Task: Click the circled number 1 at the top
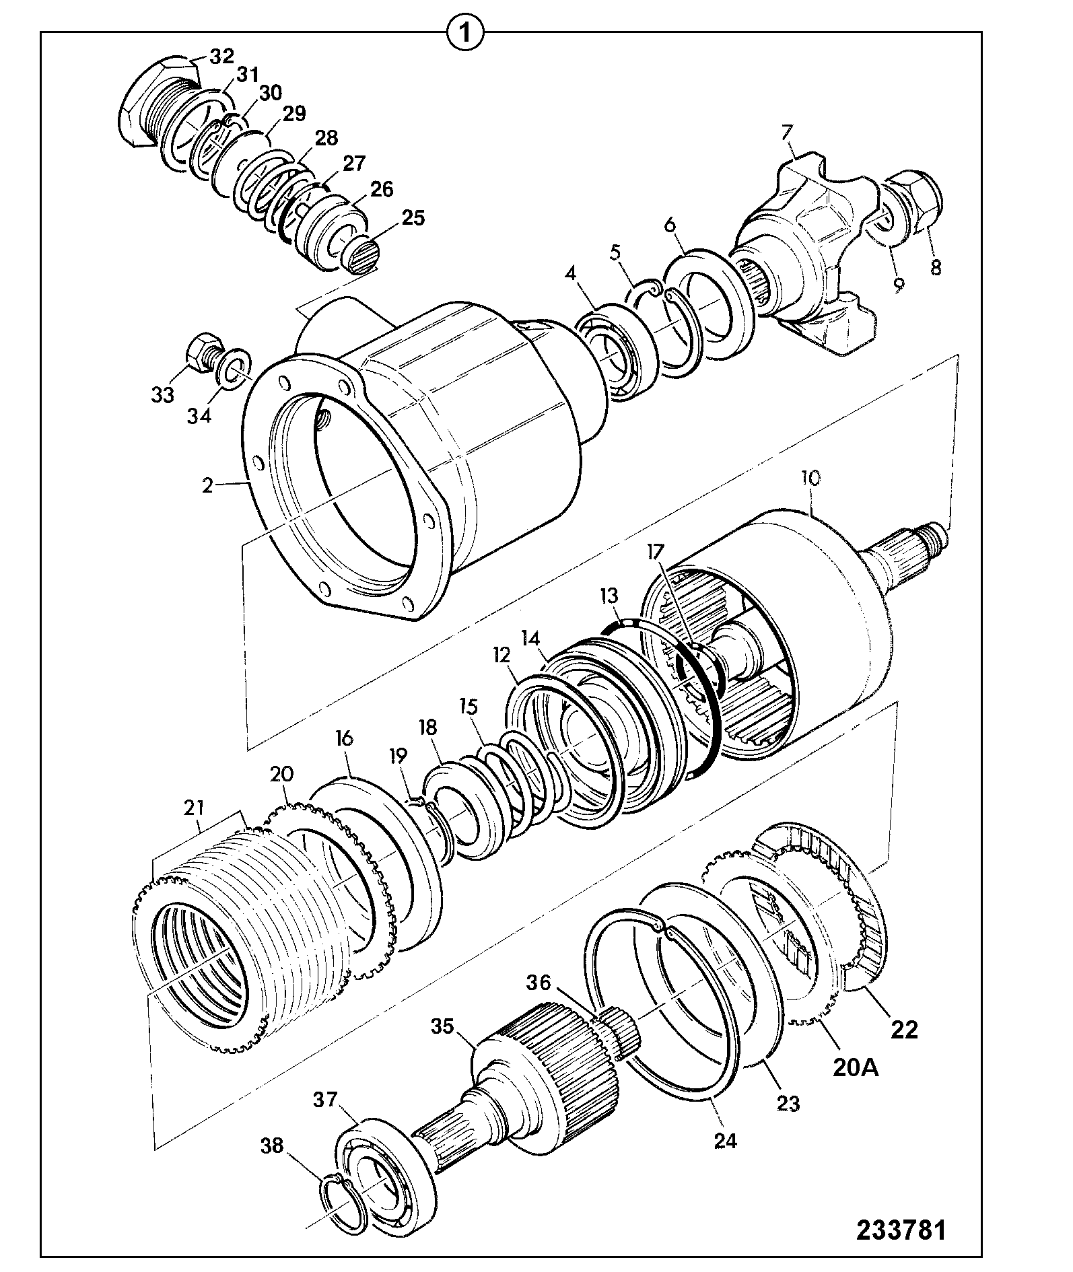465,32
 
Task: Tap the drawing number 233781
901,1230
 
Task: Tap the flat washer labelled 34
236,367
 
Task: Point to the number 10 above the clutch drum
810,479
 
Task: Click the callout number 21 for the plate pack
195,806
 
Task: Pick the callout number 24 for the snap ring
724,1140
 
